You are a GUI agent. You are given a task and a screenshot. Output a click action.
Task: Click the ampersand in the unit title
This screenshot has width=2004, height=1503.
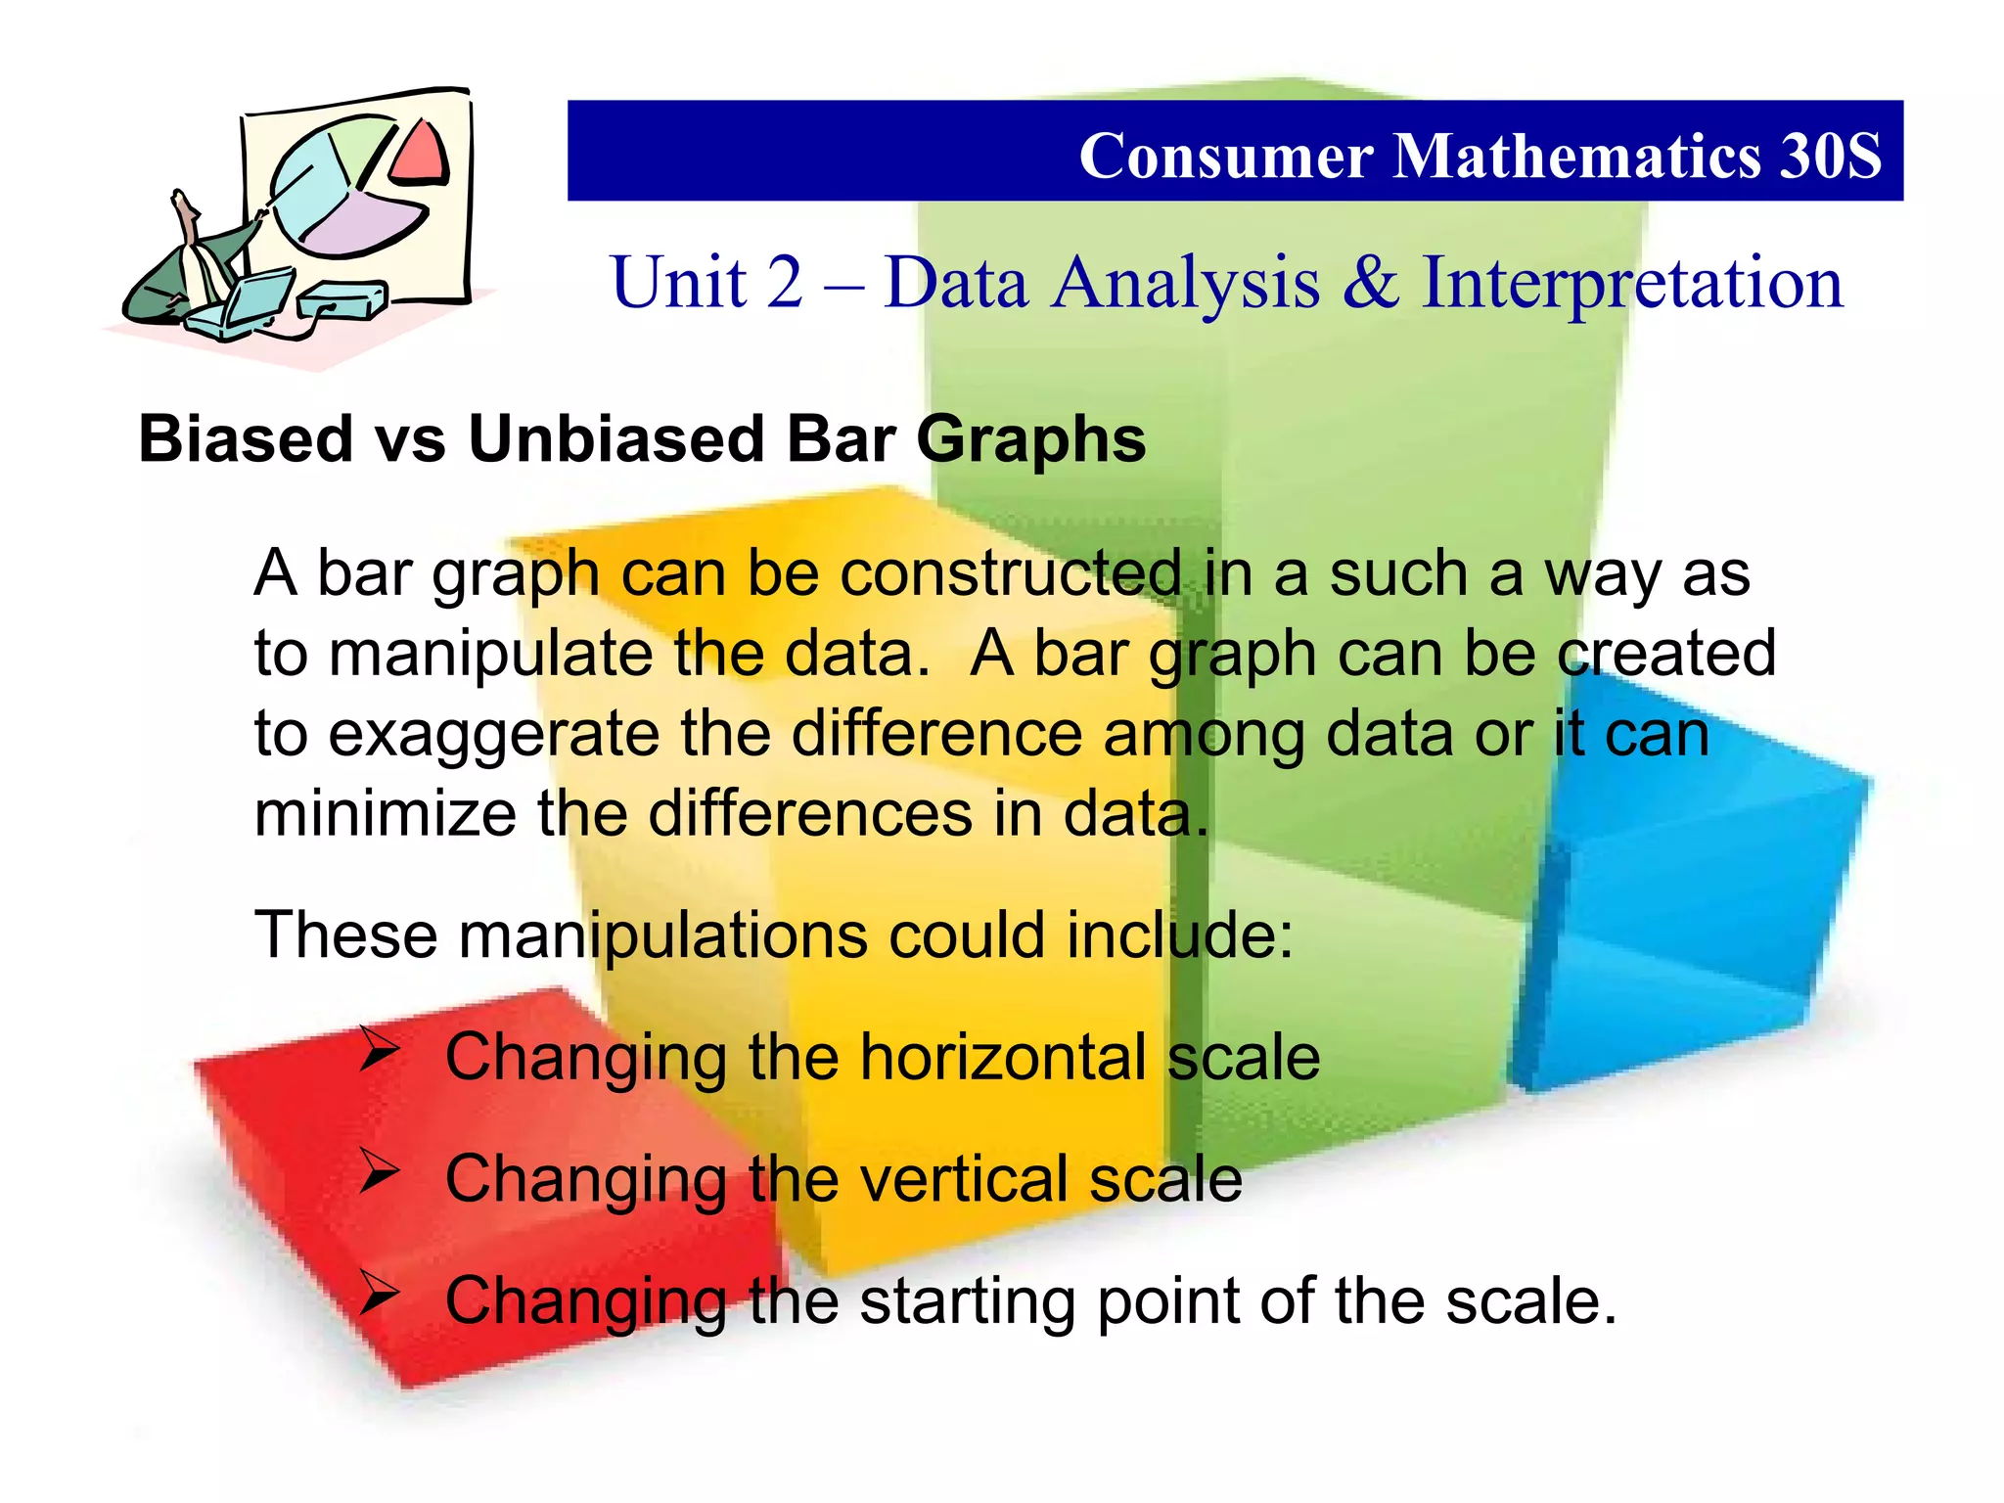pyautogui.click(x=1370, y=283)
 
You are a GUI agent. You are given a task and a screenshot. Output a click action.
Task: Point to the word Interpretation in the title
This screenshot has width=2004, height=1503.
pyautogui.click(x=1631, y=283)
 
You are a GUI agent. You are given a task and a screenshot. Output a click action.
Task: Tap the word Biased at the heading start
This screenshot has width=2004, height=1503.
pyautogui.click(x=246, y=438)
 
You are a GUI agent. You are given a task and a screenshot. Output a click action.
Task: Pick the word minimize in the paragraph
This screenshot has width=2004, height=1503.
pyautogui.click(x=385, y=813)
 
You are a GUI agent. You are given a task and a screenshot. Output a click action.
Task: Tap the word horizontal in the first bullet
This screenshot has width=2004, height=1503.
pyautogui.click(x=1003, y=1057)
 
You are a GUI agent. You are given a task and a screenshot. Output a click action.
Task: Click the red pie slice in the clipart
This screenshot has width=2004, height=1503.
pyautogui.click(x=421, y=154)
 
